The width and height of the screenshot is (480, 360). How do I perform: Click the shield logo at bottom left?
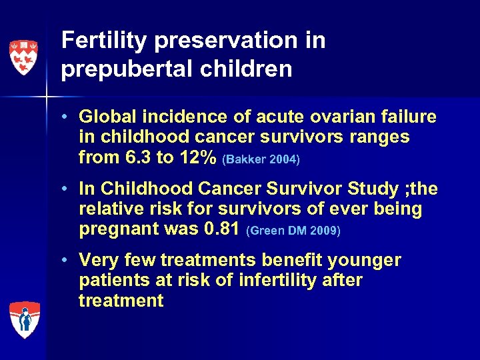(x=25, y=320)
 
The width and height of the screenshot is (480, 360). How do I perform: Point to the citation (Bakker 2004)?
(x=261, y=160)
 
